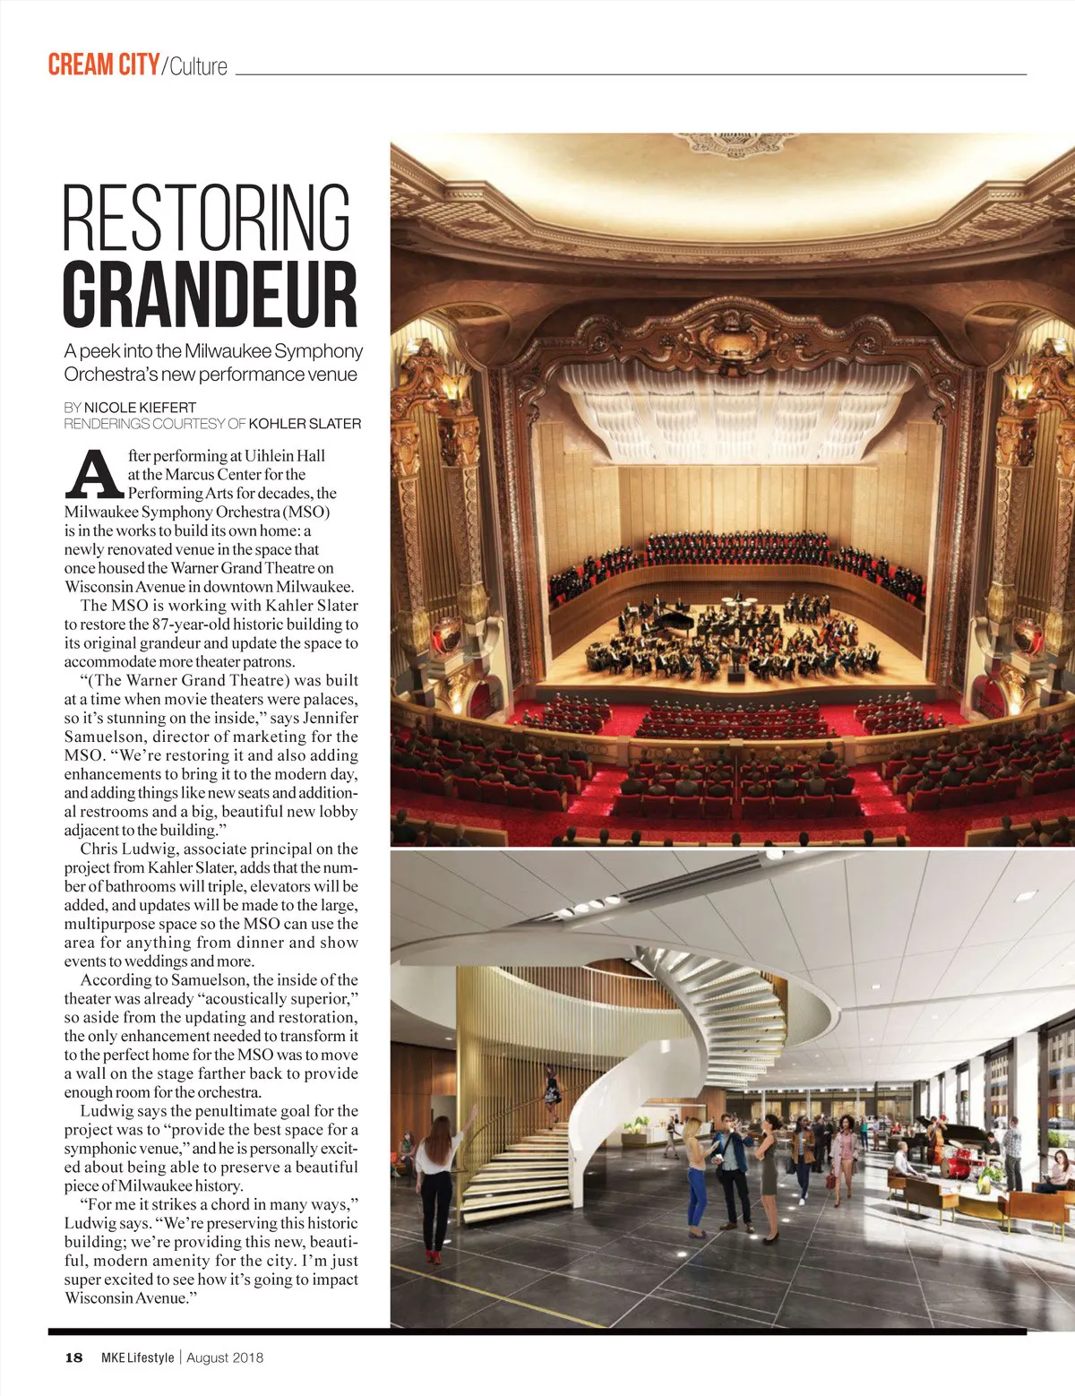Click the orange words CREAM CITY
tap(103, 65)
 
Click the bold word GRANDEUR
tap(210, 293)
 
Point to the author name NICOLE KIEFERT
tap(140, 407)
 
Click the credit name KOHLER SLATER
tap(305, 423)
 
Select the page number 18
tap(73, 1357)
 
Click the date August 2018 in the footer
tap(225, 1357)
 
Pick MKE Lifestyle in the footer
tap(137, 1357)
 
